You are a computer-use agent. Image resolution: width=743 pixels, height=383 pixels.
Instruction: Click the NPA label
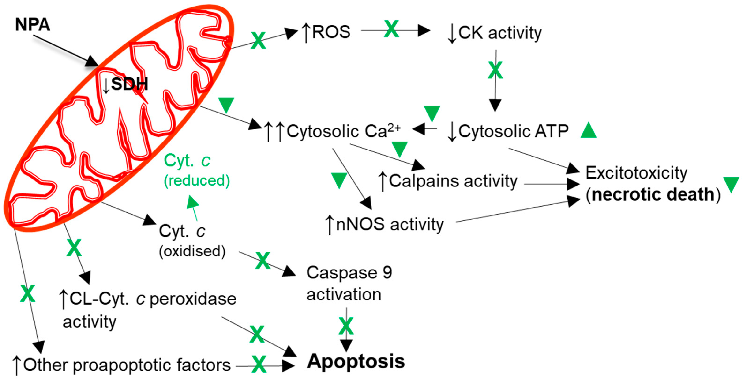tap(32, 25)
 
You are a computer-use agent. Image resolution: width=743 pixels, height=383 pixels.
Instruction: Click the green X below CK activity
tap(495, 70)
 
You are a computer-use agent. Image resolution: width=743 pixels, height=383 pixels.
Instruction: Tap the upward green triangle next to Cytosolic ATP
tap(588, 131)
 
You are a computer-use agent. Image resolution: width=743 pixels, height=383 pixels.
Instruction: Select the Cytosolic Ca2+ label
tap(343, 131)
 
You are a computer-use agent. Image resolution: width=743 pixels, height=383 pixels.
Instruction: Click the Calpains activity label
tap(453, 181)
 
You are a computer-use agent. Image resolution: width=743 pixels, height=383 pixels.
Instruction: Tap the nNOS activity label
tap(389, 224)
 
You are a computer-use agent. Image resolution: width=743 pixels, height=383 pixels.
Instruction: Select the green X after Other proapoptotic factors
tap(259, 364)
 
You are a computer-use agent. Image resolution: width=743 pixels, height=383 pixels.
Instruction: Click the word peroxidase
tap(193, 299)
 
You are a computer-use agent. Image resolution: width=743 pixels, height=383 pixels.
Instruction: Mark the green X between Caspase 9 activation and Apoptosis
tap(346, 326)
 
